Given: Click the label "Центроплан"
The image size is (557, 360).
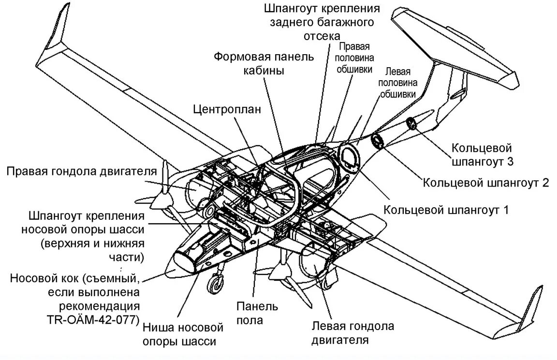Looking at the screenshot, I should pos(227,109).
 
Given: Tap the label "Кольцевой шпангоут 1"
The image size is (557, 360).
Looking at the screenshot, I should pos(446,210).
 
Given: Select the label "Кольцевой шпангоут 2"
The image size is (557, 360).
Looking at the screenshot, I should pos(486,183).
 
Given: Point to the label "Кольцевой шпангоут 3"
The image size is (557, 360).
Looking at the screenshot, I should pos(481,154).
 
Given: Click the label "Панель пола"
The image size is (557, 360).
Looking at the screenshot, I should pos(257,313).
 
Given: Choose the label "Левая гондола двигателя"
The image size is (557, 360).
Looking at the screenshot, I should pos(352,333).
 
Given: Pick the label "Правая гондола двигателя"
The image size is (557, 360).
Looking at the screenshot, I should pos(82,172).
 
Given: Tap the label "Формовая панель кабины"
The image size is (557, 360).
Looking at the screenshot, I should pos(264,63).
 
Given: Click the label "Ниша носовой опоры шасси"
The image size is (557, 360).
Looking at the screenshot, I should pos(183,335).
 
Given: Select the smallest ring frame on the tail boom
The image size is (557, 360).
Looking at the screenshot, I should pos(411,124).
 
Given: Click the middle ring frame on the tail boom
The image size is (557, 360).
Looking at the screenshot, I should pos(377,142).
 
